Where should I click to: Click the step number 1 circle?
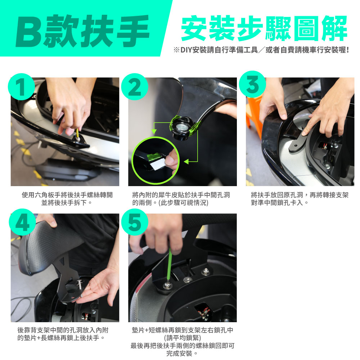(x=21, y=87)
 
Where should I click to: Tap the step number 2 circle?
(x=135, y=87)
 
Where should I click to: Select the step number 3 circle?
(x=252, y=84)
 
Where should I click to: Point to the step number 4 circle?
(x=22, y=222)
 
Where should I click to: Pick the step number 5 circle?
(x=135, y=222)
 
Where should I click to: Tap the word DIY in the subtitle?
(x=186, y=50)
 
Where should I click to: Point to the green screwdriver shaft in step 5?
(x=170, y=266)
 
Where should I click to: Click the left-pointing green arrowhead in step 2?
(x=186, y=162)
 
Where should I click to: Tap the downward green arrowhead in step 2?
(x=154, y=131)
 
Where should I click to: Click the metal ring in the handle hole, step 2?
(x=180, y=126)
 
